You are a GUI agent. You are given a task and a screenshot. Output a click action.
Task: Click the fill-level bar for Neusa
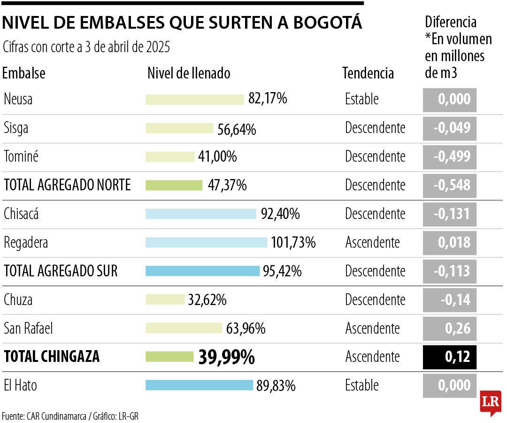point(194,100)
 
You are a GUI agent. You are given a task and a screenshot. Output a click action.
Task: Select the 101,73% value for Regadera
point(293,243)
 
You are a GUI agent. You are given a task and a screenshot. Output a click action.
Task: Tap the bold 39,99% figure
point(226,357)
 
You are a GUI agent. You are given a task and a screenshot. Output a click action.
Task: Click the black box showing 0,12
point(449,357)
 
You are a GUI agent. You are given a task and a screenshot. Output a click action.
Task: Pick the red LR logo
point(490,402)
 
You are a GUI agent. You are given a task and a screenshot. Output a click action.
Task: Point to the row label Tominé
point(21,157)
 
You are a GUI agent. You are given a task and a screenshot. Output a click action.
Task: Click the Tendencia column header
point(368,73)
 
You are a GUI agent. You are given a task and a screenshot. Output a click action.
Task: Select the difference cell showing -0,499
point(449,157)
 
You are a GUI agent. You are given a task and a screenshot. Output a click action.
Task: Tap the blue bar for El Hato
point(199,385)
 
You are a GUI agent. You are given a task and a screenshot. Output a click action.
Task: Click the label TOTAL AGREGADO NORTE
point(67,185)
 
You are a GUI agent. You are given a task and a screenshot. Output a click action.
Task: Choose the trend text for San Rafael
point(372,329)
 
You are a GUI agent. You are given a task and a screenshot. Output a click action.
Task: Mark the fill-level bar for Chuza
point(165,300)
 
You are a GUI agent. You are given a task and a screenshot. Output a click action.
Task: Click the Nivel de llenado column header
point(189,73)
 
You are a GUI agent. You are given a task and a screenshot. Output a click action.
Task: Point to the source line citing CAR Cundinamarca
point(70,416)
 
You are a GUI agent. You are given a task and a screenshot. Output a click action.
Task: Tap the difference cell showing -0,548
point(449,185)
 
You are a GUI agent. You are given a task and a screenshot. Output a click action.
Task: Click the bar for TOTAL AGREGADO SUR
point(202,271)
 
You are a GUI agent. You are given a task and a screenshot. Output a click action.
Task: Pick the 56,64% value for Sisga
point(237,129)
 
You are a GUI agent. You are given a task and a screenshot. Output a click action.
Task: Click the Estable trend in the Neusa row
point(361,100)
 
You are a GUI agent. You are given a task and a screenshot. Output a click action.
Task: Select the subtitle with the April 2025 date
point(86,47)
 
